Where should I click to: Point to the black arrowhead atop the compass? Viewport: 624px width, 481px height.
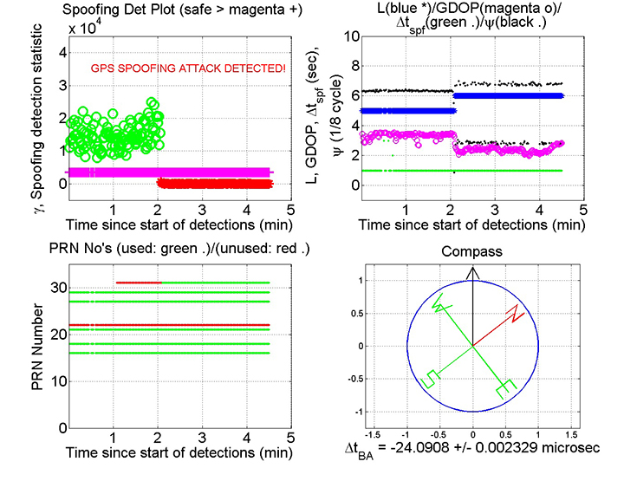(472, 272)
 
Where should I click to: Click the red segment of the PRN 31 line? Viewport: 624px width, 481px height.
(139, 282)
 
